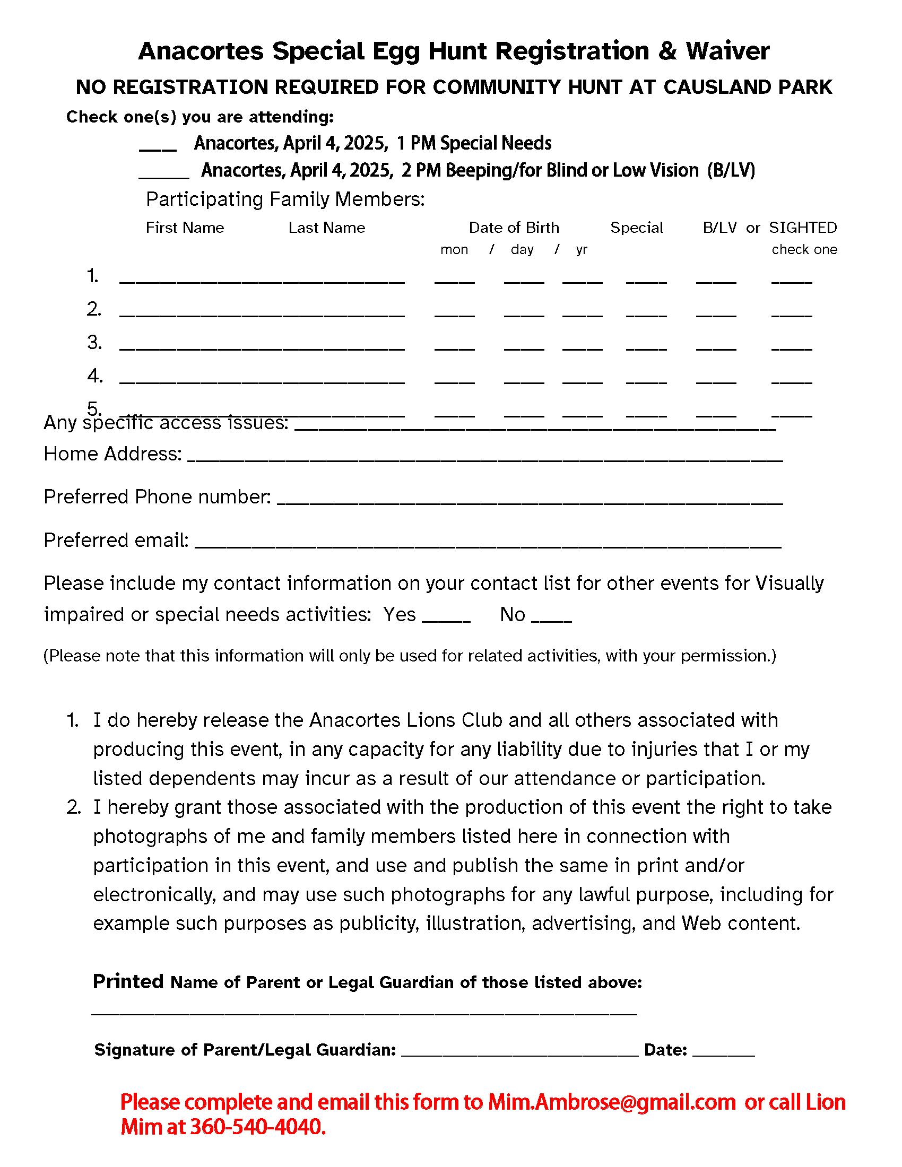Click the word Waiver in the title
point(727,51)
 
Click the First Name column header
point(185,228)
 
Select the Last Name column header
point(326,228)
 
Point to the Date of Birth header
point(514,228)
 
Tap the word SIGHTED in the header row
point(803,228)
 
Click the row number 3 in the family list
point(94,343)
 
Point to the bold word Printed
point(128,981)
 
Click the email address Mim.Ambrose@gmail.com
point(612,1102)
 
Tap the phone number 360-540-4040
point(257,1127)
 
